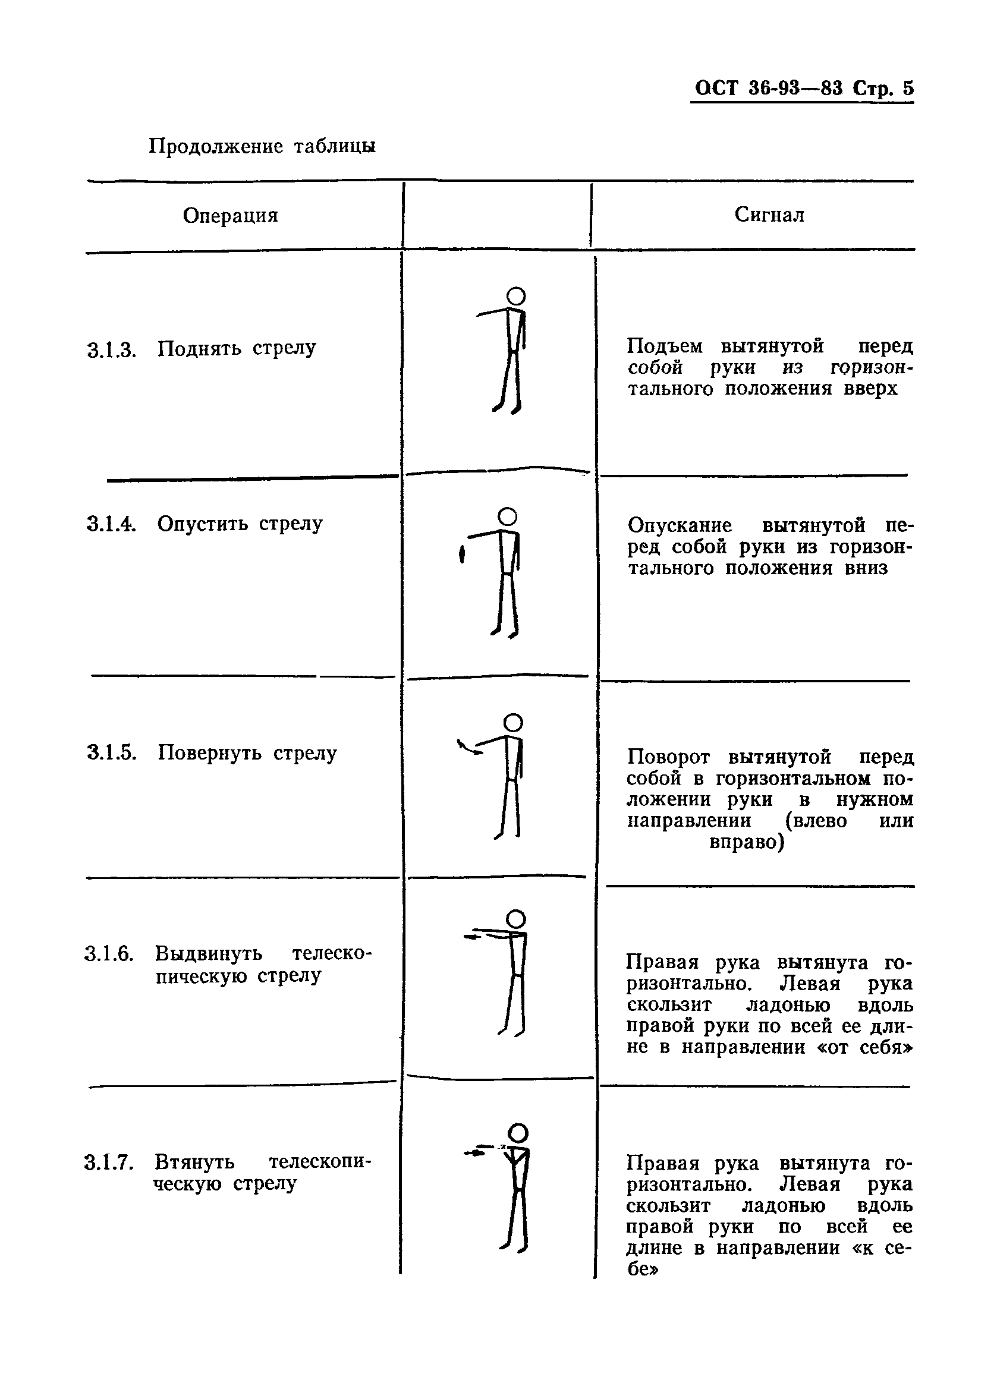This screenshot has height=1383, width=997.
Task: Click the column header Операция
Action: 230,215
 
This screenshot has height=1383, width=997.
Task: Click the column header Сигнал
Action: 769,214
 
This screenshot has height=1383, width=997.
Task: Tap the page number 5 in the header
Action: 907,89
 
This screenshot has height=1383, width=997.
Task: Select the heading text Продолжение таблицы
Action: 262,146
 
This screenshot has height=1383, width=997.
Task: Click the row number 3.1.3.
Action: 111,351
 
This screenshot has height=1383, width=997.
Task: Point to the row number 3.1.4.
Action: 111,524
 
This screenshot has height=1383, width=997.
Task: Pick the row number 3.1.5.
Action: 111,753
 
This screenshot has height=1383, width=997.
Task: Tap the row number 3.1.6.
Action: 109,953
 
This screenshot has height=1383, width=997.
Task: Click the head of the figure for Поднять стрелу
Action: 516,297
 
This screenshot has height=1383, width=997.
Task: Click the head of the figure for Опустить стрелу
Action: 508,516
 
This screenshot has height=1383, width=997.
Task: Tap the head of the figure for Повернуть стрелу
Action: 513,723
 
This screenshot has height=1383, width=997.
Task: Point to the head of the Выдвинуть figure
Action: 516,919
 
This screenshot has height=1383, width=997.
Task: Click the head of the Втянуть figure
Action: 518,1133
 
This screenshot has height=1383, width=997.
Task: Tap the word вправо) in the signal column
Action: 747,842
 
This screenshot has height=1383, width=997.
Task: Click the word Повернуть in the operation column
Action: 209,753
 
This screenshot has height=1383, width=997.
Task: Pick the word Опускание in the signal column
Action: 680,525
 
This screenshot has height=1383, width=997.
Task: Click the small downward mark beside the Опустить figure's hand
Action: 462,555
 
